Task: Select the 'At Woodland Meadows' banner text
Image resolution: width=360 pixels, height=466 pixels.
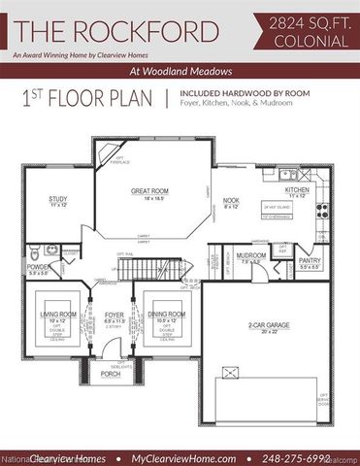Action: (180, 72)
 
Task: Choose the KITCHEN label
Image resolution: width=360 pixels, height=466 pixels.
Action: (297, 190)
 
